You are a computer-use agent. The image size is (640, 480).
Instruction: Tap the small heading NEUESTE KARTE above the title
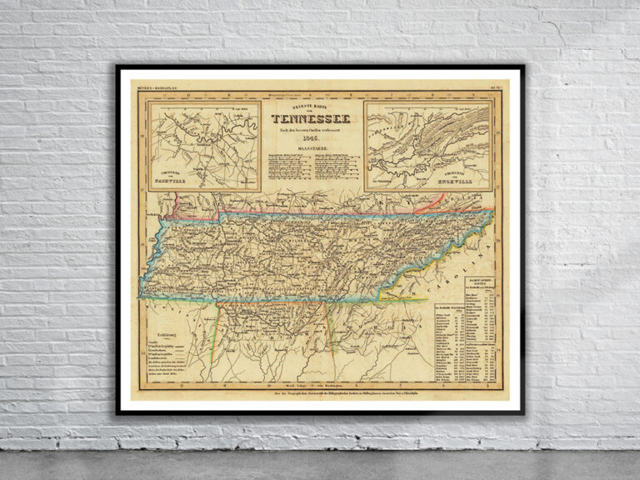point(311,110)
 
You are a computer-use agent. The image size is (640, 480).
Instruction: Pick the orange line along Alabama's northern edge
point(267,302)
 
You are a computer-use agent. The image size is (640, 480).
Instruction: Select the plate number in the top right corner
point(493,85)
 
